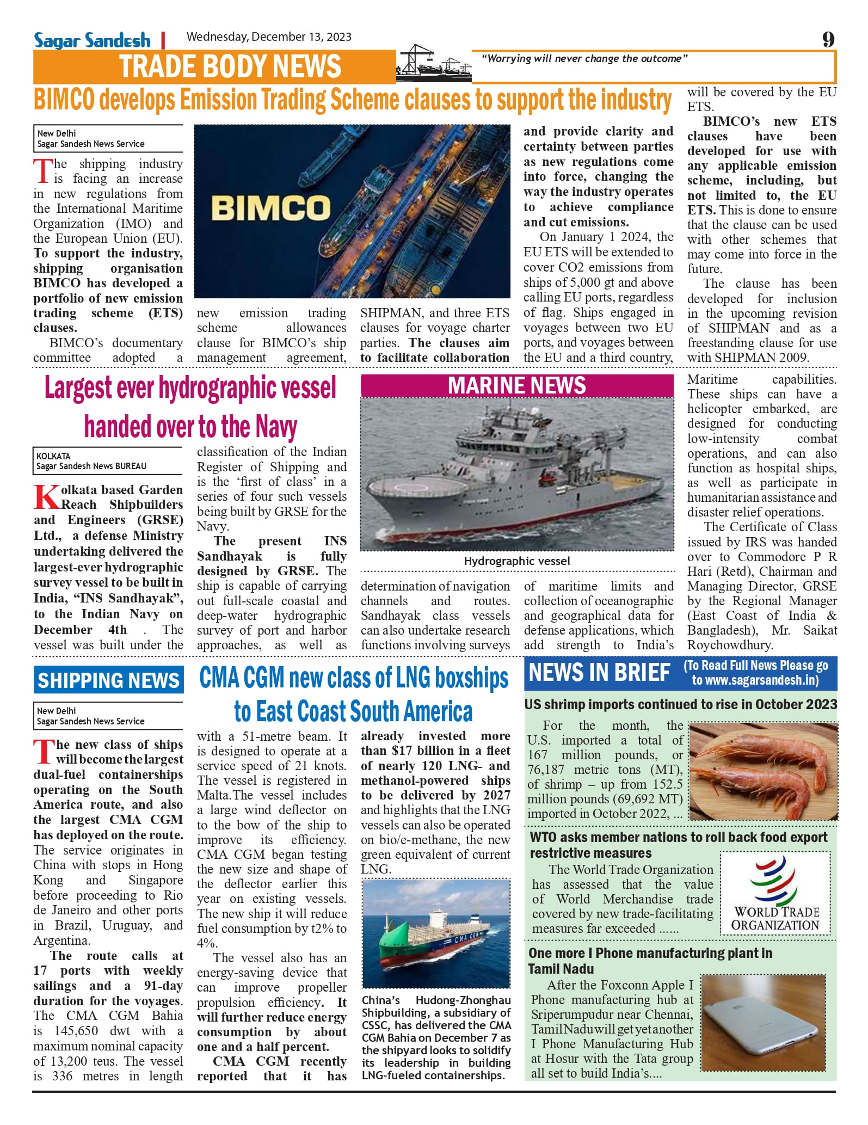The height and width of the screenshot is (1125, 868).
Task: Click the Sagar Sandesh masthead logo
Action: (92, 40)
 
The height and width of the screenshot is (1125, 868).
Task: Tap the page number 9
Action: (828, 39)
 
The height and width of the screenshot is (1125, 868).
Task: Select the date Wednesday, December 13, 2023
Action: (269, 37)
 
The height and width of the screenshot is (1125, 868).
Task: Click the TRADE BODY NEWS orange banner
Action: (230, 66)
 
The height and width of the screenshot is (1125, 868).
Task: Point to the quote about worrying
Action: (584, 59)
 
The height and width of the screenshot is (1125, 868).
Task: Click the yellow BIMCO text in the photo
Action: (270, 207)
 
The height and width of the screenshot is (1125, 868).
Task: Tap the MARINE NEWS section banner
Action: (516, 385)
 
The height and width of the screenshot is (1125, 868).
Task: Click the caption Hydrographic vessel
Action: (516, 561)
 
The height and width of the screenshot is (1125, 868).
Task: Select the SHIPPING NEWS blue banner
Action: (108, 681)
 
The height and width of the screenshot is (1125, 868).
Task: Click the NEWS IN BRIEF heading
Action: (599, 673)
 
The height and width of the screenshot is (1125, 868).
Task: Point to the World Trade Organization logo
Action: (775, 892)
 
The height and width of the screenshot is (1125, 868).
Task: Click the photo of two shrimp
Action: (764, 771)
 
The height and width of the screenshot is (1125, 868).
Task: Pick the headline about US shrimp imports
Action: (680, 704)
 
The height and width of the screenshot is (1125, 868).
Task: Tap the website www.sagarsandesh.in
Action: (755, 680)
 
